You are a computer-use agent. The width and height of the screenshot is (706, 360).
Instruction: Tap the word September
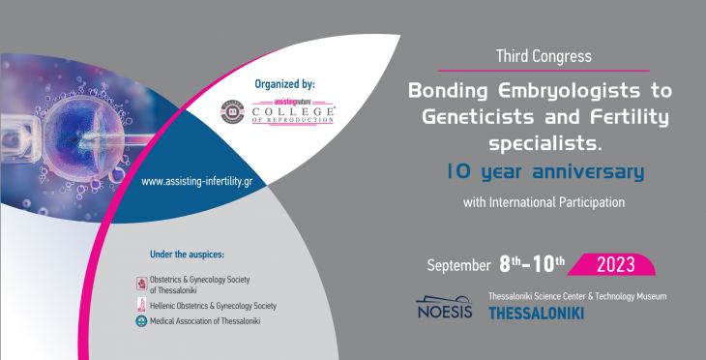[460, 264]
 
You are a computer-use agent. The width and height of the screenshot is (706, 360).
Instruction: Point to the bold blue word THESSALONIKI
[537, 314]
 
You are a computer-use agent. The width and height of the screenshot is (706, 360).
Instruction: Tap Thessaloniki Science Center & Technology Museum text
[577, 296]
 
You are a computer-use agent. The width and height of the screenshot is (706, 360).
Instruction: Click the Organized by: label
[283, 84]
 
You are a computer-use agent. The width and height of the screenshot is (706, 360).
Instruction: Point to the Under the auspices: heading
[187, 255]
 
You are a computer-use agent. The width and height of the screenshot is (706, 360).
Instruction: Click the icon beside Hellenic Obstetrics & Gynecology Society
[143, 303]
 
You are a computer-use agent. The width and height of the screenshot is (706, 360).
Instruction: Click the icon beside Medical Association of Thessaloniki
[143, 320]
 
